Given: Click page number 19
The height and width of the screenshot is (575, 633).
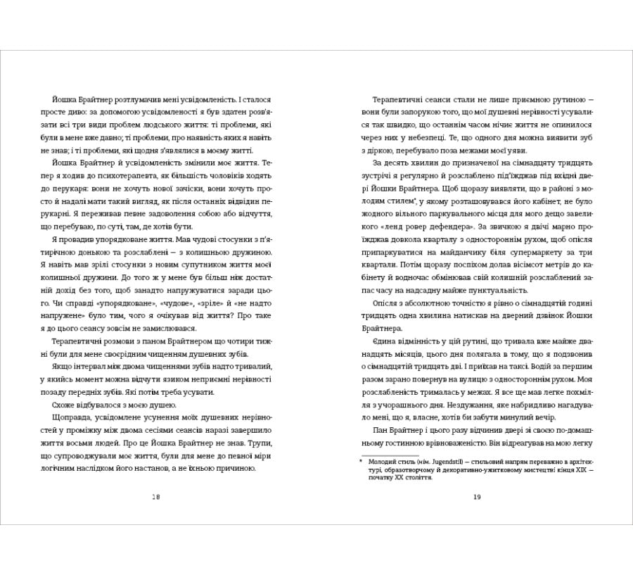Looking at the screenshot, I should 476,496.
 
